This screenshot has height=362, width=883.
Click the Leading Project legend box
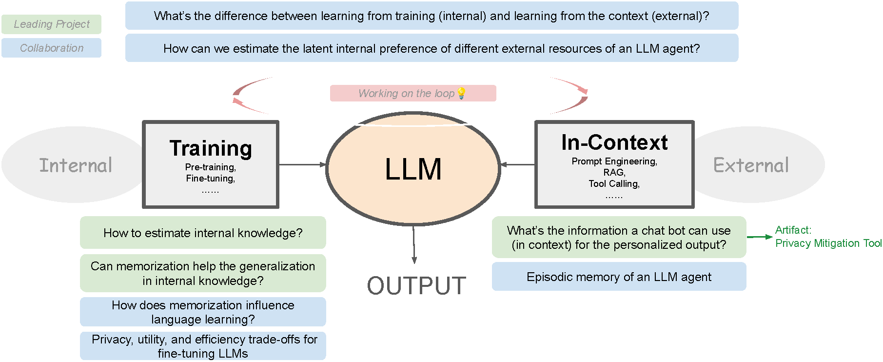(51, 24)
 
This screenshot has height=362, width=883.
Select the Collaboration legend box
(51, 48)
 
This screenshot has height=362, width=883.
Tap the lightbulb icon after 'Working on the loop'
(461, 93)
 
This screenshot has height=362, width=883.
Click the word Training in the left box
(211, 148)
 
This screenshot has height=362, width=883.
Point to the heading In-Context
(614, 142)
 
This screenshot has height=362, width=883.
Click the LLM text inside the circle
(413, 169)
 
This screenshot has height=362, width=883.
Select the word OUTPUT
(416, 285)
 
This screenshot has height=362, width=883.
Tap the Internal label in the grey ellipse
(76, 165)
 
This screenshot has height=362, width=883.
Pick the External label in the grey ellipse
(751, 165)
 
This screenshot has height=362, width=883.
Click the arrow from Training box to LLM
(302, 164)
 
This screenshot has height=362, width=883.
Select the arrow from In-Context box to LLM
(518, 164)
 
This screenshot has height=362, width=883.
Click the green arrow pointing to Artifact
(760, 237)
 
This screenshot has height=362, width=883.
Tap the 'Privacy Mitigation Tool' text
(828, 243)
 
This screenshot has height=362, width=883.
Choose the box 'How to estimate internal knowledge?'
(203, 233)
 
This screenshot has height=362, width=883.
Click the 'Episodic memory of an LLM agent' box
(619, 277)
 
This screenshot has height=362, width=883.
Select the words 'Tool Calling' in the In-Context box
(614, 183)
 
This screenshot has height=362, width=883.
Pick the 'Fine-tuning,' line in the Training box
(211, 179)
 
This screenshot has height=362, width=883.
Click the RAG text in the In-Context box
(614, 172)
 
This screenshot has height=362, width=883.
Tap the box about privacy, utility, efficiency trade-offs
(203, 346)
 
